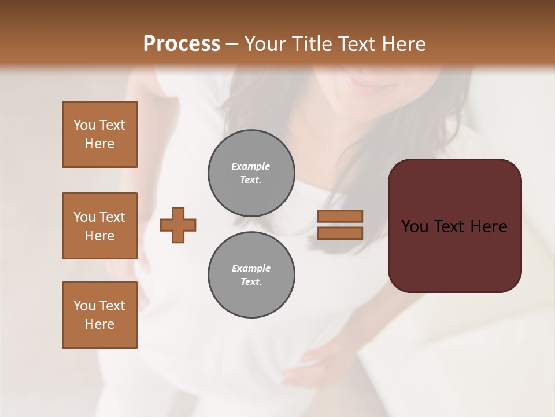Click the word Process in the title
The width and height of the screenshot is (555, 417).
[182, 44]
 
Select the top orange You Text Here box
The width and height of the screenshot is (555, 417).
[99, 134]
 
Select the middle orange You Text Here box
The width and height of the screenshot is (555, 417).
[99, 226]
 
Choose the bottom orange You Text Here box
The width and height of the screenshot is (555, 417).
[99, 315]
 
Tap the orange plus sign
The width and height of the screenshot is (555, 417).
[178, 225]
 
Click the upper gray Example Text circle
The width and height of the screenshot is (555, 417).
[251, 173]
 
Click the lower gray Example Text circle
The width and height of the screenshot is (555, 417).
[251, 275]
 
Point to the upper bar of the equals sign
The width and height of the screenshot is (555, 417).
[340, 216]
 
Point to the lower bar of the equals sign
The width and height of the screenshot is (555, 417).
[340, 233]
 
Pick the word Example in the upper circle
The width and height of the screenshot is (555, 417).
[251, 166]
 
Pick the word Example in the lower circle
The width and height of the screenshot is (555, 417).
[251, 268]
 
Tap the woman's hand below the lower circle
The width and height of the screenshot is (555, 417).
[315, 362]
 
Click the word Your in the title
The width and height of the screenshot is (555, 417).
[263, 44]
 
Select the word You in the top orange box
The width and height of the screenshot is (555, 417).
[84, 125]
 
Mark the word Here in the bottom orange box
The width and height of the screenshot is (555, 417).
[99, 324]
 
